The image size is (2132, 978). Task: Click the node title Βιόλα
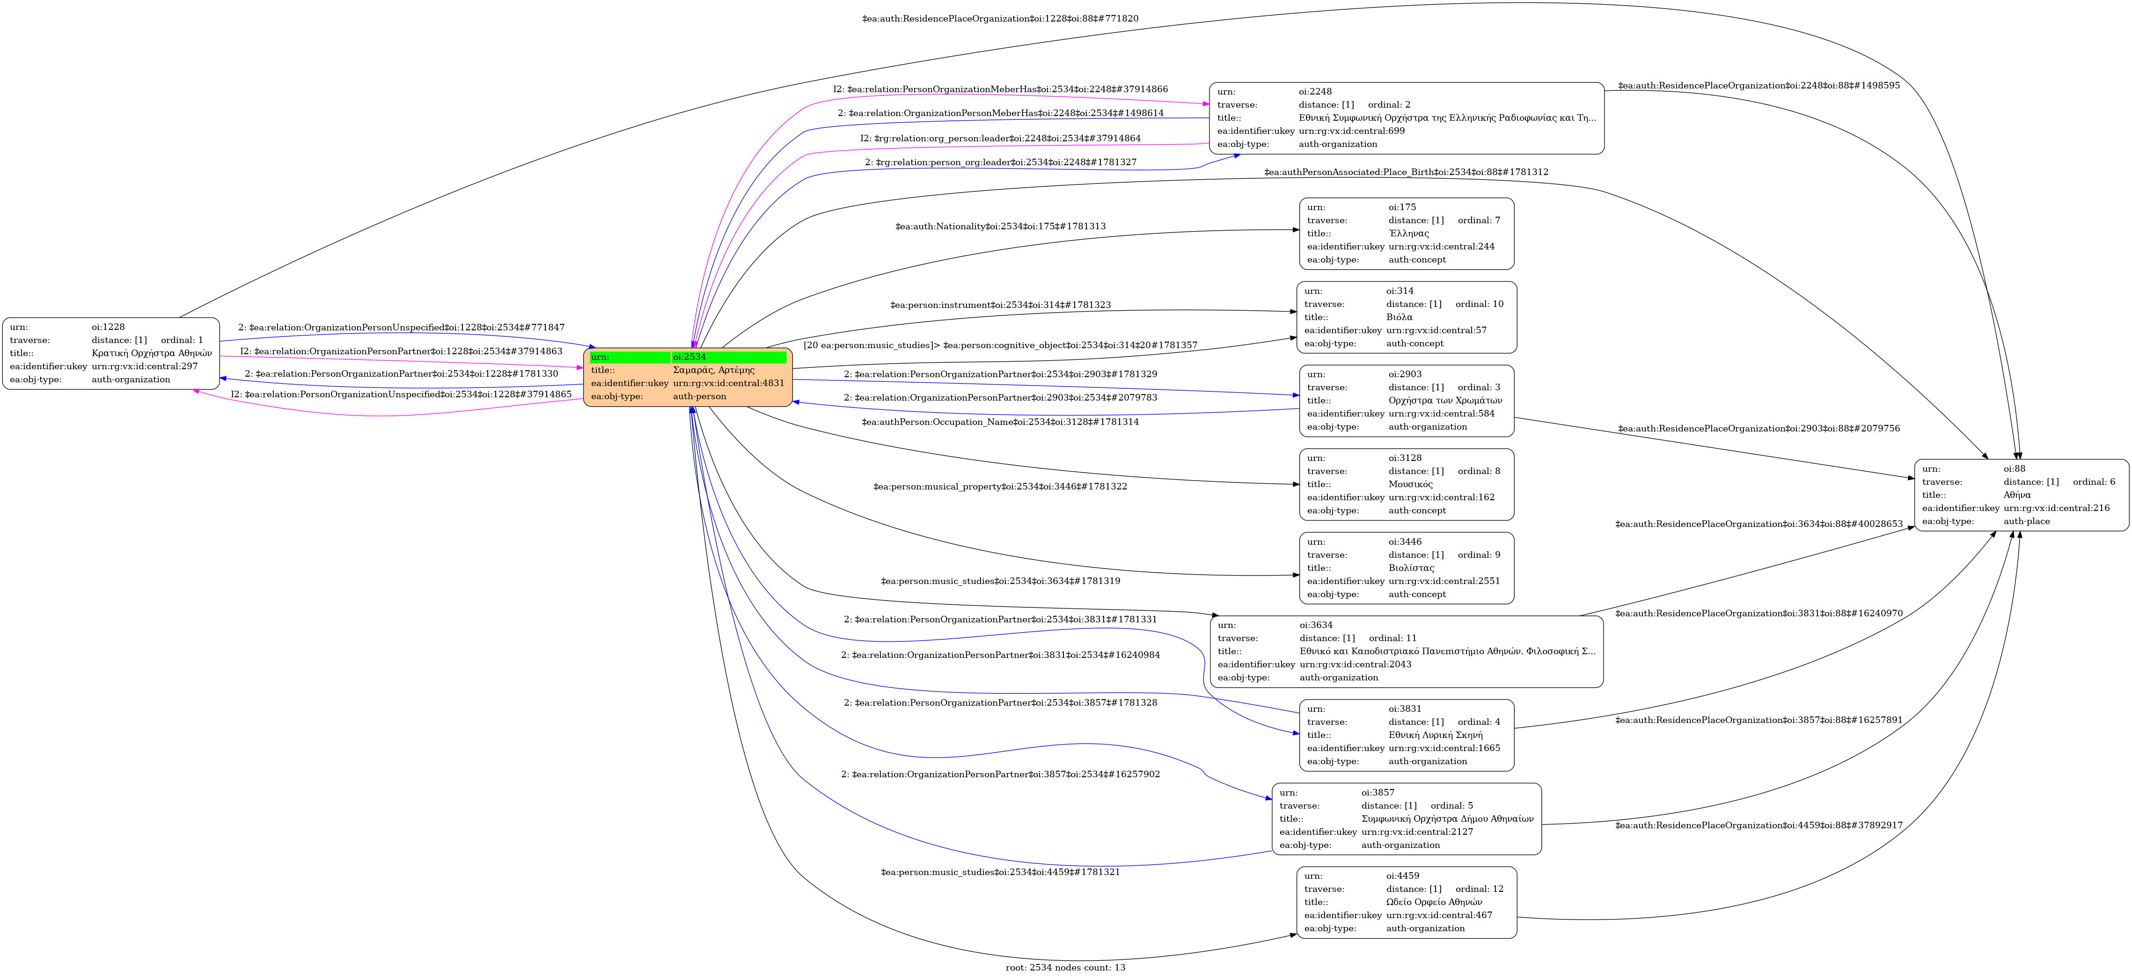1399,317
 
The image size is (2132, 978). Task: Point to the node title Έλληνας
1409,234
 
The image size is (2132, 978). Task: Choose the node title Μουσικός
1410,484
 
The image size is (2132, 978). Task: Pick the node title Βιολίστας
1411,568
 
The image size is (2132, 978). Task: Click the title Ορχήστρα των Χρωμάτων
1445,401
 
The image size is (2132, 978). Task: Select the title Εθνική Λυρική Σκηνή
1435,735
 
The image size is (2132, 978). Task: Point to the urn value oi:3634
1316,625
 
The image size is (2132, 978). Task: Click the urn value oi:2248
1315,91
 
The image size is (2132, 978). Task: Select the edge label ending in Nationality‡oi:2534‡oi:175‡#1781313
1000,226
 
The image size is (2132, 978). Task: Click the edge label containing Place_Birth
1405,172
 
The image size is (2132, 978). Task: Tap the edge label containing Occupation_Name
1000,422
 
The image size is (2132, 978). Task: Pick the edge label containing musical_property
1000,487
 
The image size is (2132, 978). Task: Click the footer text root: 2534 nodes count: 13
1065,967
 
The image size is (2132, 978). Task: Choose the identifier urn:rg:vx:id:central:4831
728,383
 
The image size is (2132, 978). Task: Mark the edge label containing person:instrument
1000,305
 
